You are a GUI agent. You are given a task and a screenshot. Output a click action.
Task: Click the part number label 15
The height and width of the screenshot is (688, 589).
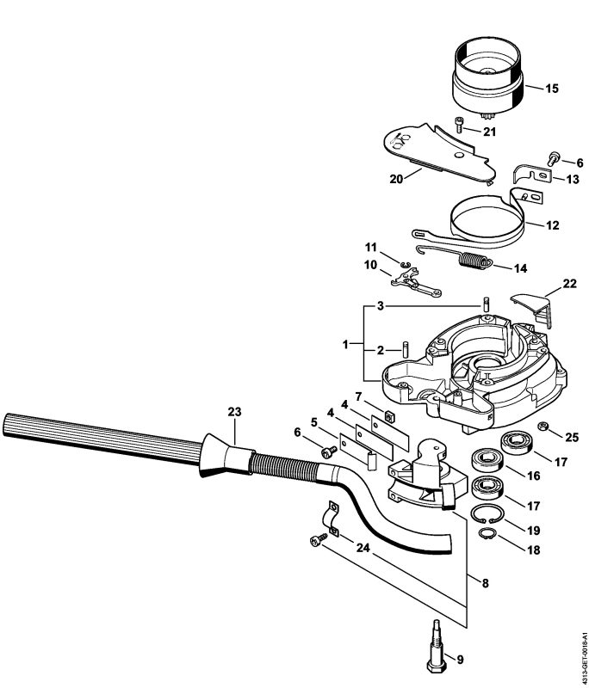(552, 88)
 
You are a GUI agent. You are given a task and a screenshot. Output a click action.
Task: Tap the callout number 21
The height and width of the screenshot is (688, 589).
(489, 132)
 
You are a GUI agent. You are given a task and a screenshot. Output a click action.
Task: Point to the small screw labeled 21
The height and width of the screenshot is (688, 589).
(461, 126)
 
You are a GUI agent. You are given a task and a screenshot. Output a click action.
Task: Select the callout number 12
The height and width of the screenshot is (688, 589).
(552, 225)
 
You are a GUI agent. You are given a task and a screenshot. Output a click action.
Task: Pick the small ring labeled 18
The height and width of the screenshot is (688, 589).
(487, 536)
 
